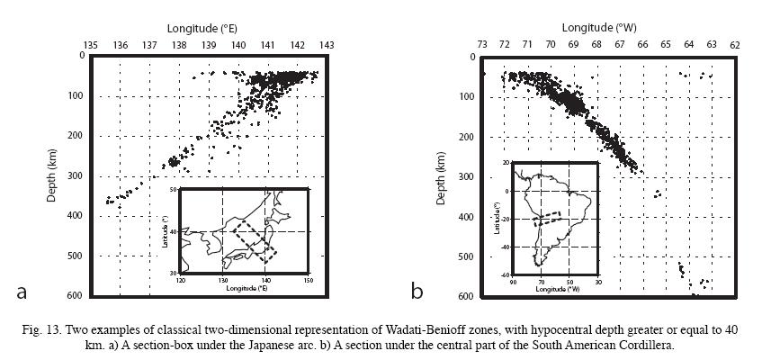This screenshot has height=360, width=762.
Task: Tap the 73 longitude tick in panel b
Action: pyautogui.click(x=483, y=44)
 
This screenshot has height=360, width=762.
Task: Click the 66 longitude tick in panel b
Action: pyautogui.click(x=643, y=44)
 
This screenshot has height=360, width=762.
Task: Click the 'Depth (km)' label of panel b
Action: pyautogui.click(x=442, y=175)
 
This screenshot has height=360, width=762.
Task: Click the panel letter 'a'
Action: pyautogui.click(x=23, y=291)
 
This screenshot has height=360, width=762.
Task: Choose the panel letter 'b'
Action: pyautogui.click(x=417, y=291)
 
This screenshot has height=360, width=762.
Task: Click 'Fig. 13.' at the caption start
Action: pyautogui.click(x=42, y=331)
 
